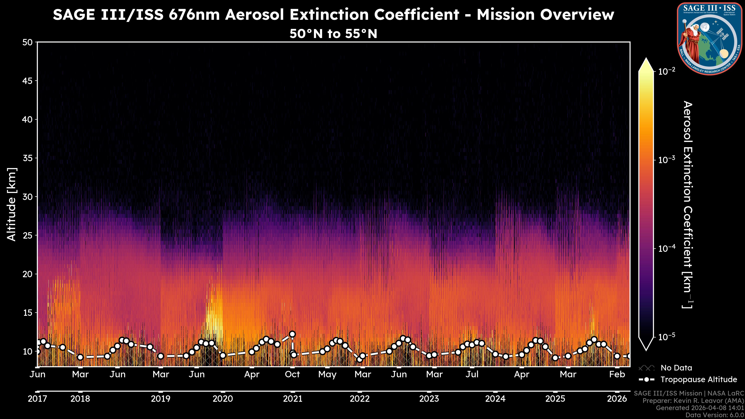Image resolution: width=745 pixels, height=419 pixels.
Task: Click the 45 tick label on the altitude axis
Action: pos(28,81)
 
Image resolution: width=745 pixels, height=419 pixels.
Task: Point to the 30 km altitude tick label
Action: pos(28,197)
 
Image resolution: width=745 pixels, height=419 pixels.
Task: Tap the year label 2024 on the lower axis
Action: pos(495,399)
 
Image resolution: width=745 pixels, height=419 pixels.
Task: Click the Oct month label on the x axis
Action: pos(292,374)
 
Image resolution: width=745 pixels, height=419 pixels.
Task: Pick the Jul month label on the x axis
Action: pos(472,374)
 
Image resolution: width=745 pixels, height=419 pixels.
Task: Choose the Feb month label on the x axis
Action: pos(617,374)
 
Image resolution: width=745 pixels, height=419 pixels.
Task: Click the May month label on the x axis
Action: pos(327,374)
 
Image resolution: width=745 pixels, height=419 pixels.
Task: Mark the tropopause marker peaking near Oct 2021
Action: pos(292,334)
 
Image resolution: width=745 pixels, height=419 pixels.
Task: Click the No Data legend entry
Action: pos(676,368)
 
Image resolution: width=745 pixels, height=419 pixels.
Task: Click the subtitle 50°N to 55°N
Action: pos(334,34)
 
